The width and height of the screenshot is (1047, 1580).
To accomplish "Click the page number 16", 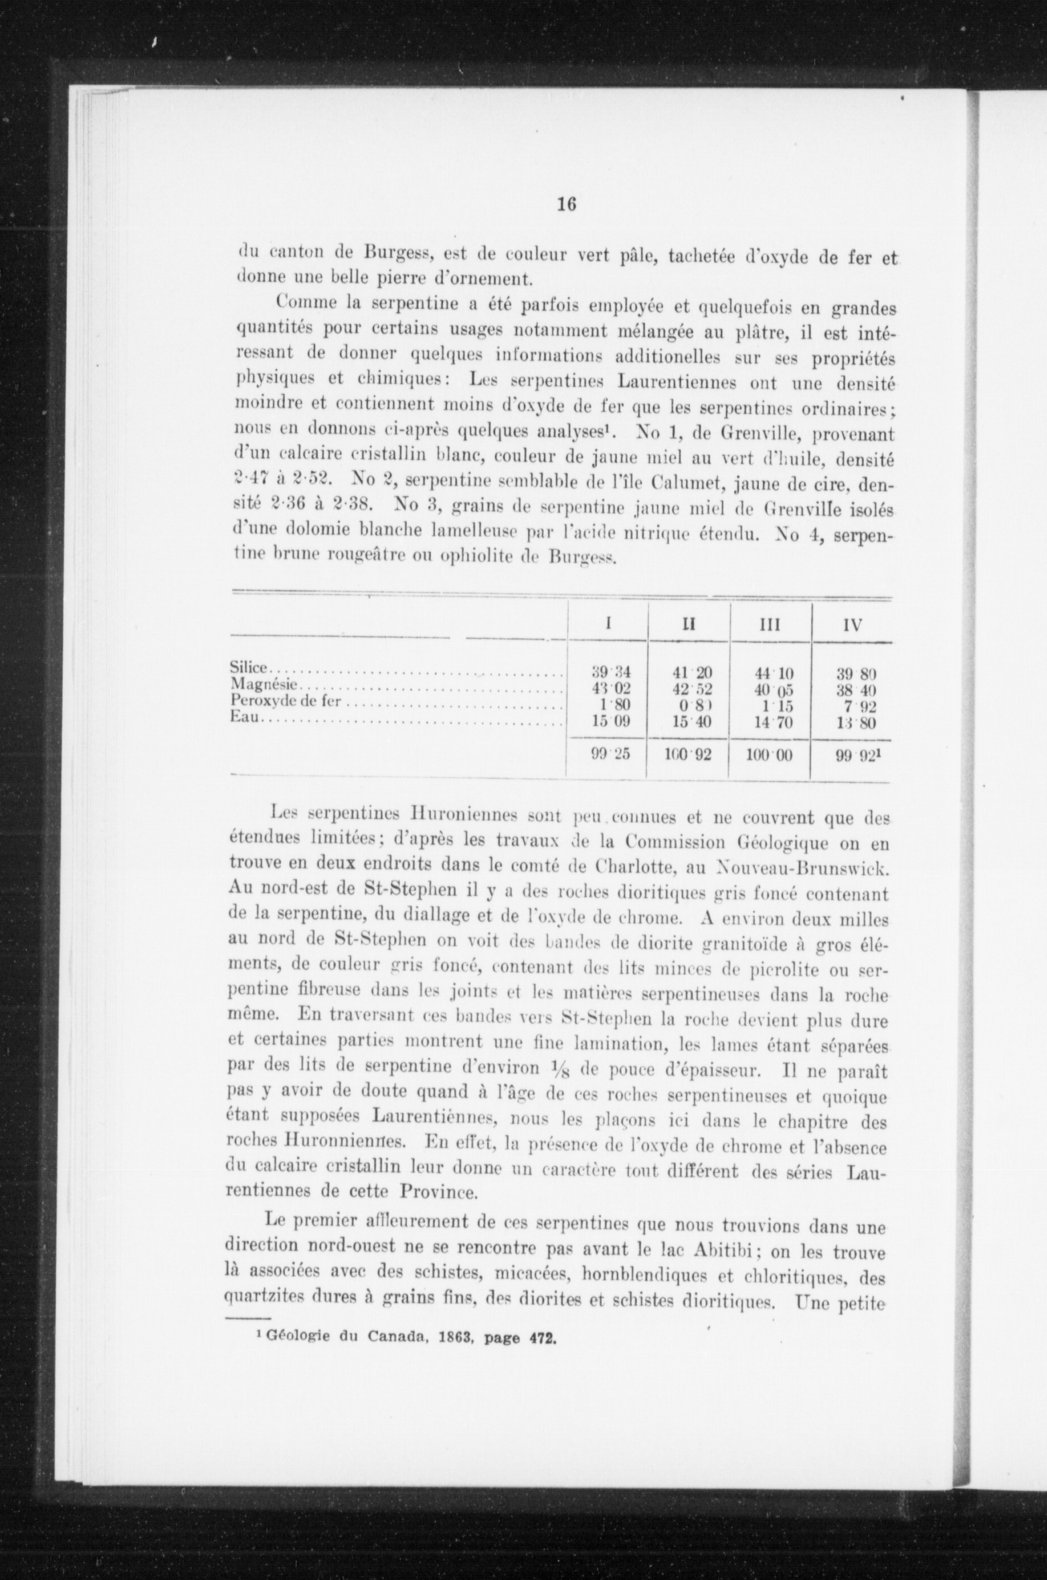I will (566, 204).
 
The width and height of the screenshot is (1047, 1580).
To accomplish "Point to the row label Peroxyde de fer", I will (286, 700).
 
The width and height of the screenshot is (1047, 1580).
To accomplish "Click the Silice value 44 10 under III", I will (771, 673).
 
